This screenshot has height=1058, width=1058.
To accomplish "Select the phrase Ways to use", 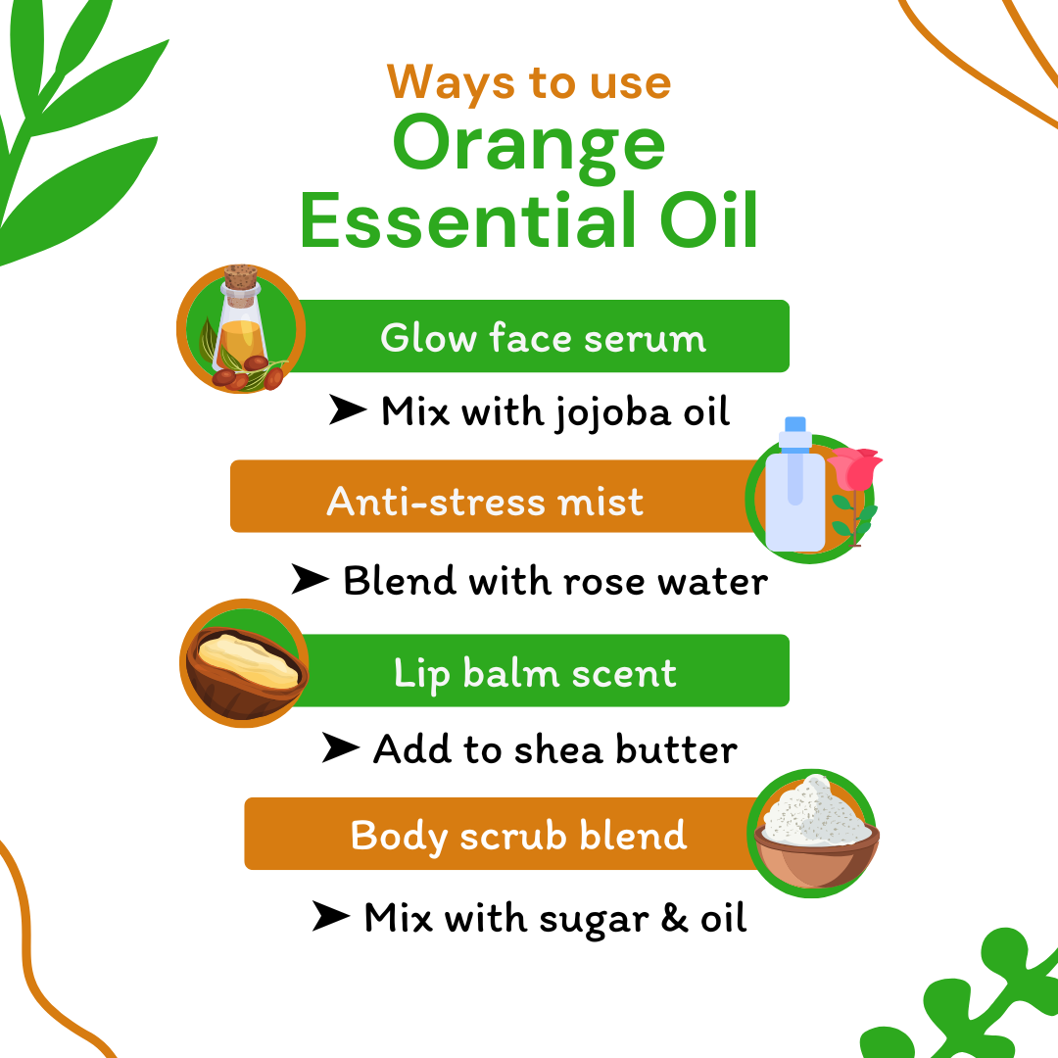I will pyautogui.click(x=529, y=82).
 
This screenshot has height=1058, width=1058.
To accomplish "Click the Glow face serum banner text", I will pyautogui.click(x=543, y=339).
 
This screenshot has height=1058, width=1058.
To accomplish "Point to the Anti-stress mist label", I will pyautogui.click(x=485, y=502).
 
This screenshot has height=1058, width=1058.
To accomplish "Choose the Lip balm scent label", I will pyautogui.click(x=535, y=673).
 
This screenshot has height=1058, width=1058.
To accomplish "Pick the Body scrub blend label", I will pyautogui.click(x=518, y=836).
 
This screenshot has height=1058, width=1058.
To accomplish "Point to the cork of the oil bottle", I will pyautogui.click(x=240, y=278).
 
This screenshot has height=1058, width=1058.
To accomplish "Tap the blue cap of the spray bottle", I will pyautogui.click(x=795, y=425).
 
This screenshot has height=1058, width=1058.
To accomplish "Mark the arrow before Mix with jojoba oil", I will pyautogui.click(x=348, y=412).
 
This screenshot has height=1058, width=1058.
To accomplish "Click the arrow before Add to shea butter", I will pyautogui.click(x=341, y=750).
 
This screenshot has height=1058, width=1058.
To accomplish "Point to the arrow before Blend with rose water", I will pyautogui.click(x=311, y=582).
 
